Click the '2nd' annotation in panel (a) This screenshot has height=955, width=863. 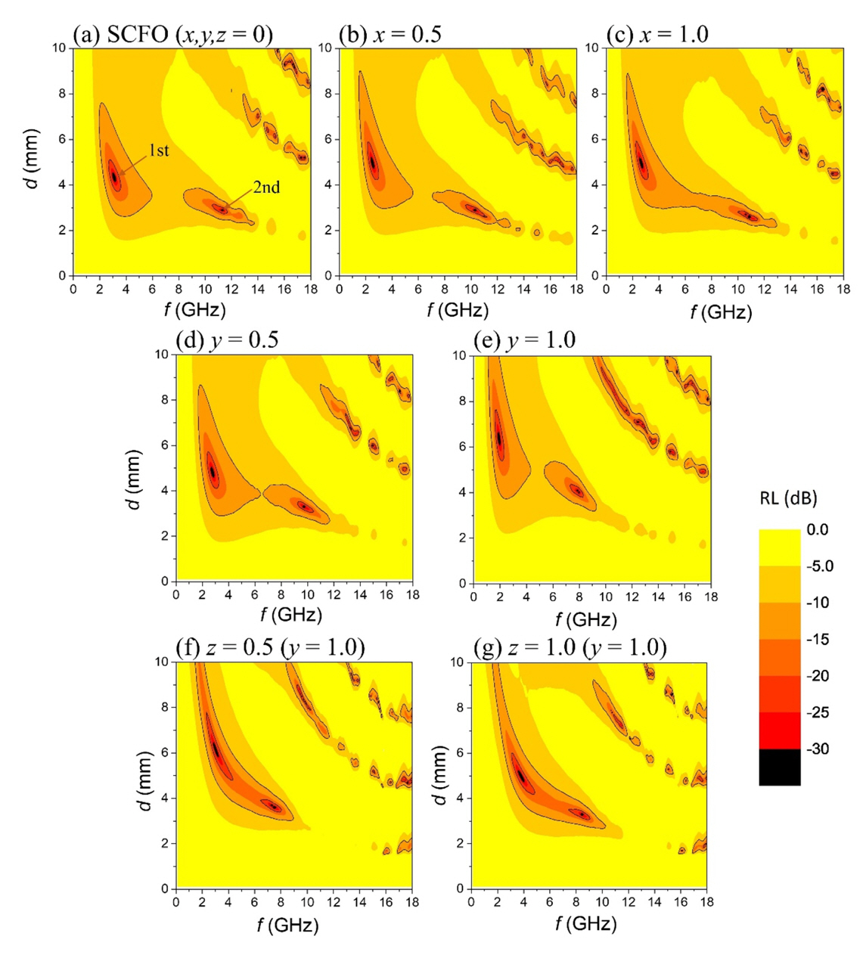(x=265, y=187)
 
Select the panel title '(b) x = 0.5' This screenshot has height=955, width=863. (x=390, y=35)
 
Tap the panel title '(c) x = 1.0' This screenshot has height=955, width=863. (x=657, y=35)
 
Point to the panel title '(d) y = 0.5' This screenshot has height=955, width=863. (x=227, y=340)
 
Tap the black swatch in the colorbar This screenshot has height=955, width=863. (x=780, y=767)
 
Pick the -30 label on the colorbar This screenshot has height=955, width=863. (x=821, y=749)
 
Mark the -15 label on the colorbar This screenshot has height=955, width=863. (x=821, y=640)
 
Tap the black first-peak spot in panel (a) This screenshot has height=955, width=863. (x=114, y=175)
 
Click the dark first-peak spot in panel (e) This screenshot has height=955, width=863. (x=499, y=439)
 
